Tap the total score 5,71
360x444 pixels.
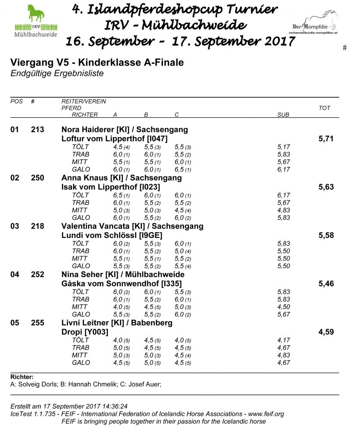coord(326,139)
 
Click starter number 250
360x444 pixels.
coord(38,178)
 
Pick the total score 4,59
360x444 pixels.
coord(326,332)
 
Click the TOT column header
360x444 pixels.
coord(324,108)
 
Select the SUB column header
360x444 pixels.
coord(283,115)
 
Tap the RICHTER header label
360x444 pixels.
coord(85,115)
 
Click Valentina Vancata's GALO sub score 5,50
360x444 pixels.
coord(284,266)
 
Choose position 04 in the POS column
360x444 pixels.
coord(15,275)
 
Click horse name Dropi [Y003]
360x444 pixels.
coord(85,332)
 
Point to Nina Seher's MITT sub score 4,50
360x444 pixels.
coord(284,307)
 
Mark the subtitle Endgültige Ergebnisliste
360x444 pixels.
coord(57,74)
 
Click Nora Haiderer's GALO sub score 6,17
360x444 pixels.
coord(284,169)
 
